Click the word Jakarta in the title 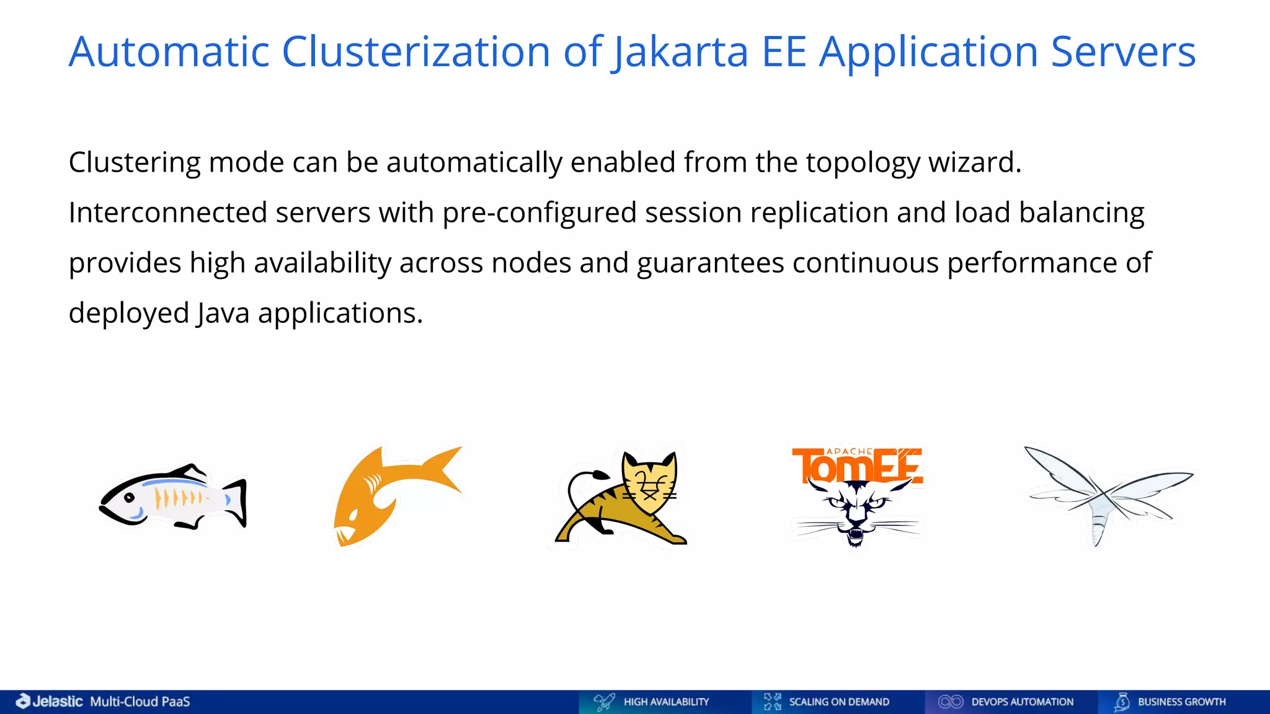[x=680, y=51]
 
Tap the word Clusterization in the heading [x=415, y=51]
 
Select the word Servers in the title [x=1123, y=51]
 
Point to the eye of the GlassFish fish [x=130, y=498]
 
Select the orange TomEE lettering [x=857, y=465]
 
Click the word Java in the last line [x=223, y=313]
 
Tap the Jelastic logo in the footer [x=50, y=701]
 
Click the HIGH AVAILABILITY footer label [x=666, y=702]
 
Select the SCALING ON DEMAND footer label [x=838, y=702]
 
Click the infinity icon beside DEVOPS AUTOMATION [x=950, y=702]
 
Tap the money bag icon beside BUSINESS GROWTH [x=1122, y=702]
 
